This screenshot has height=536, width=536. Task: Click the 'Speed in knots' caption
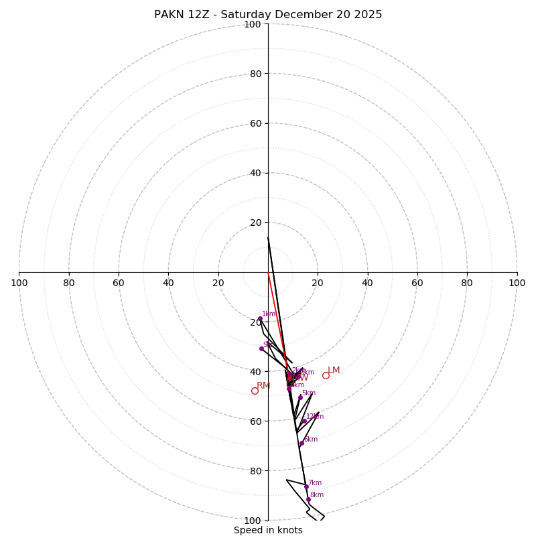click(268, 530)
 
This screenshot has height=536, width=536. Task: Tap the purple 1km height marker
click(260, 318)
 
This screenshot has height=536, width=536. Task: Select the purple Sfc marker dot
click(261, 348)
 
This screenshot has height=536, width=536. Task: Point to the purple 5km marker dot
click(300, 397)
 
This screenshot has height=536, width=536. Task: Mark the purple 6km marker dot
click(301, 443)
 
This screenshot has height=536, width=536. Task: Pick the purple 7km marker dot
click(306, 486)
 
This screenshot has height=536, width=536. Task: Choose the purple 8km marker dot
click(308, 499)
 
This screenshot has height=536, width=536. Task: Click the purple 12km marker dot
click(304, 421)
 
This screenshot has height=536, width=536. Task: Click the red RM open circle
click(255, 391)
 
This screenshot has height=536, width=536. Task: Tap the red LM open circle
click(326, 375)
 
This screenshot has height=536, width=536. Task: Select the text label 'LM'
click(334, 371)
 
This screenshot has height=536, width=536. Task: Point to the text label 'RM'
click(263, 385)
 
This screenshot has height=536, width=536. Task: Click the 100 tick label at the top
click(253, 24)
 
